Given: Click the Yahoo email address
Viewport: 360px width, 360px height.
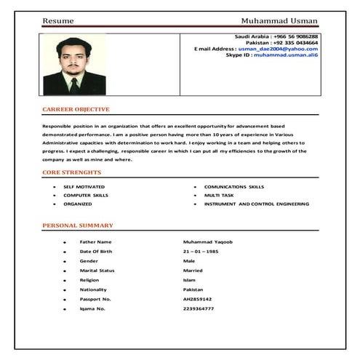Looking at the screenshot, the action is [x=278, y=49].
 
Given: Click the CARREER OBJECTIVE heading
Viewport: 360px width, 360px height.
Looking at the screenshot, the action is [x=76, y=109].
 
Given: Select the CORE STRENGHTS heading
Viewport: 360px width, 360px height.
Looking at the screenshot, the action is [x=71, y=172].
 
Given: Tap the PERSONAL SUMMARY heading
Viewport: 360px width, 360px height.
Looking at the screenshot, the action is [x=77, y=225].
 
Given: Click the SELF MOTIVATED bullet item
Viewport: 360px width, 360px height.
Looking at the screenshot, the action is [x=84, y=187].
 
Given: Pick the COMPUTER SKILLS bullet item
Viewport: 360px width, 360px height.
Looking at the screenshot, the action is [x=85, y=196].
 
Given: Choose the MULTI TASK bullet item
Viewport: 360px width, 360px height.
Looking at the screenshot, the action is [x=219, y=196].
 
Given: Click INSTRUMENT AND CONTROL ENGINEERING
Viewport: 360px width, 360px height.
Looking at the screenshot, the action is [x=256, y=204].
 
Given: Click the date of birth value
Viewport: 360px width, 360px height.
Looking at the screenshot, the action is [x=201, y=251].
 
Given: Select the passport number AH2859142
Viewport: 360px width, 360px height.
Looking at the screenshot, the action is [x=197, y=299].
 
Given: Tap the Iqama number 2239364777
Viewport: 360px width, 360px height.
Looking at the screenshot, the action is [x=199, y=309].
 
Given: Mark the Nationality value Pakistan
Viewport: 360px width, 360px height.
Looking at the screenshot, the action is [x=193, y=289].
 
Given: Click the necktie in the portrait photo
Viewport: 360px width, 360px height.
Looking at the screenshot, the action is [x=73, y=83].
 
